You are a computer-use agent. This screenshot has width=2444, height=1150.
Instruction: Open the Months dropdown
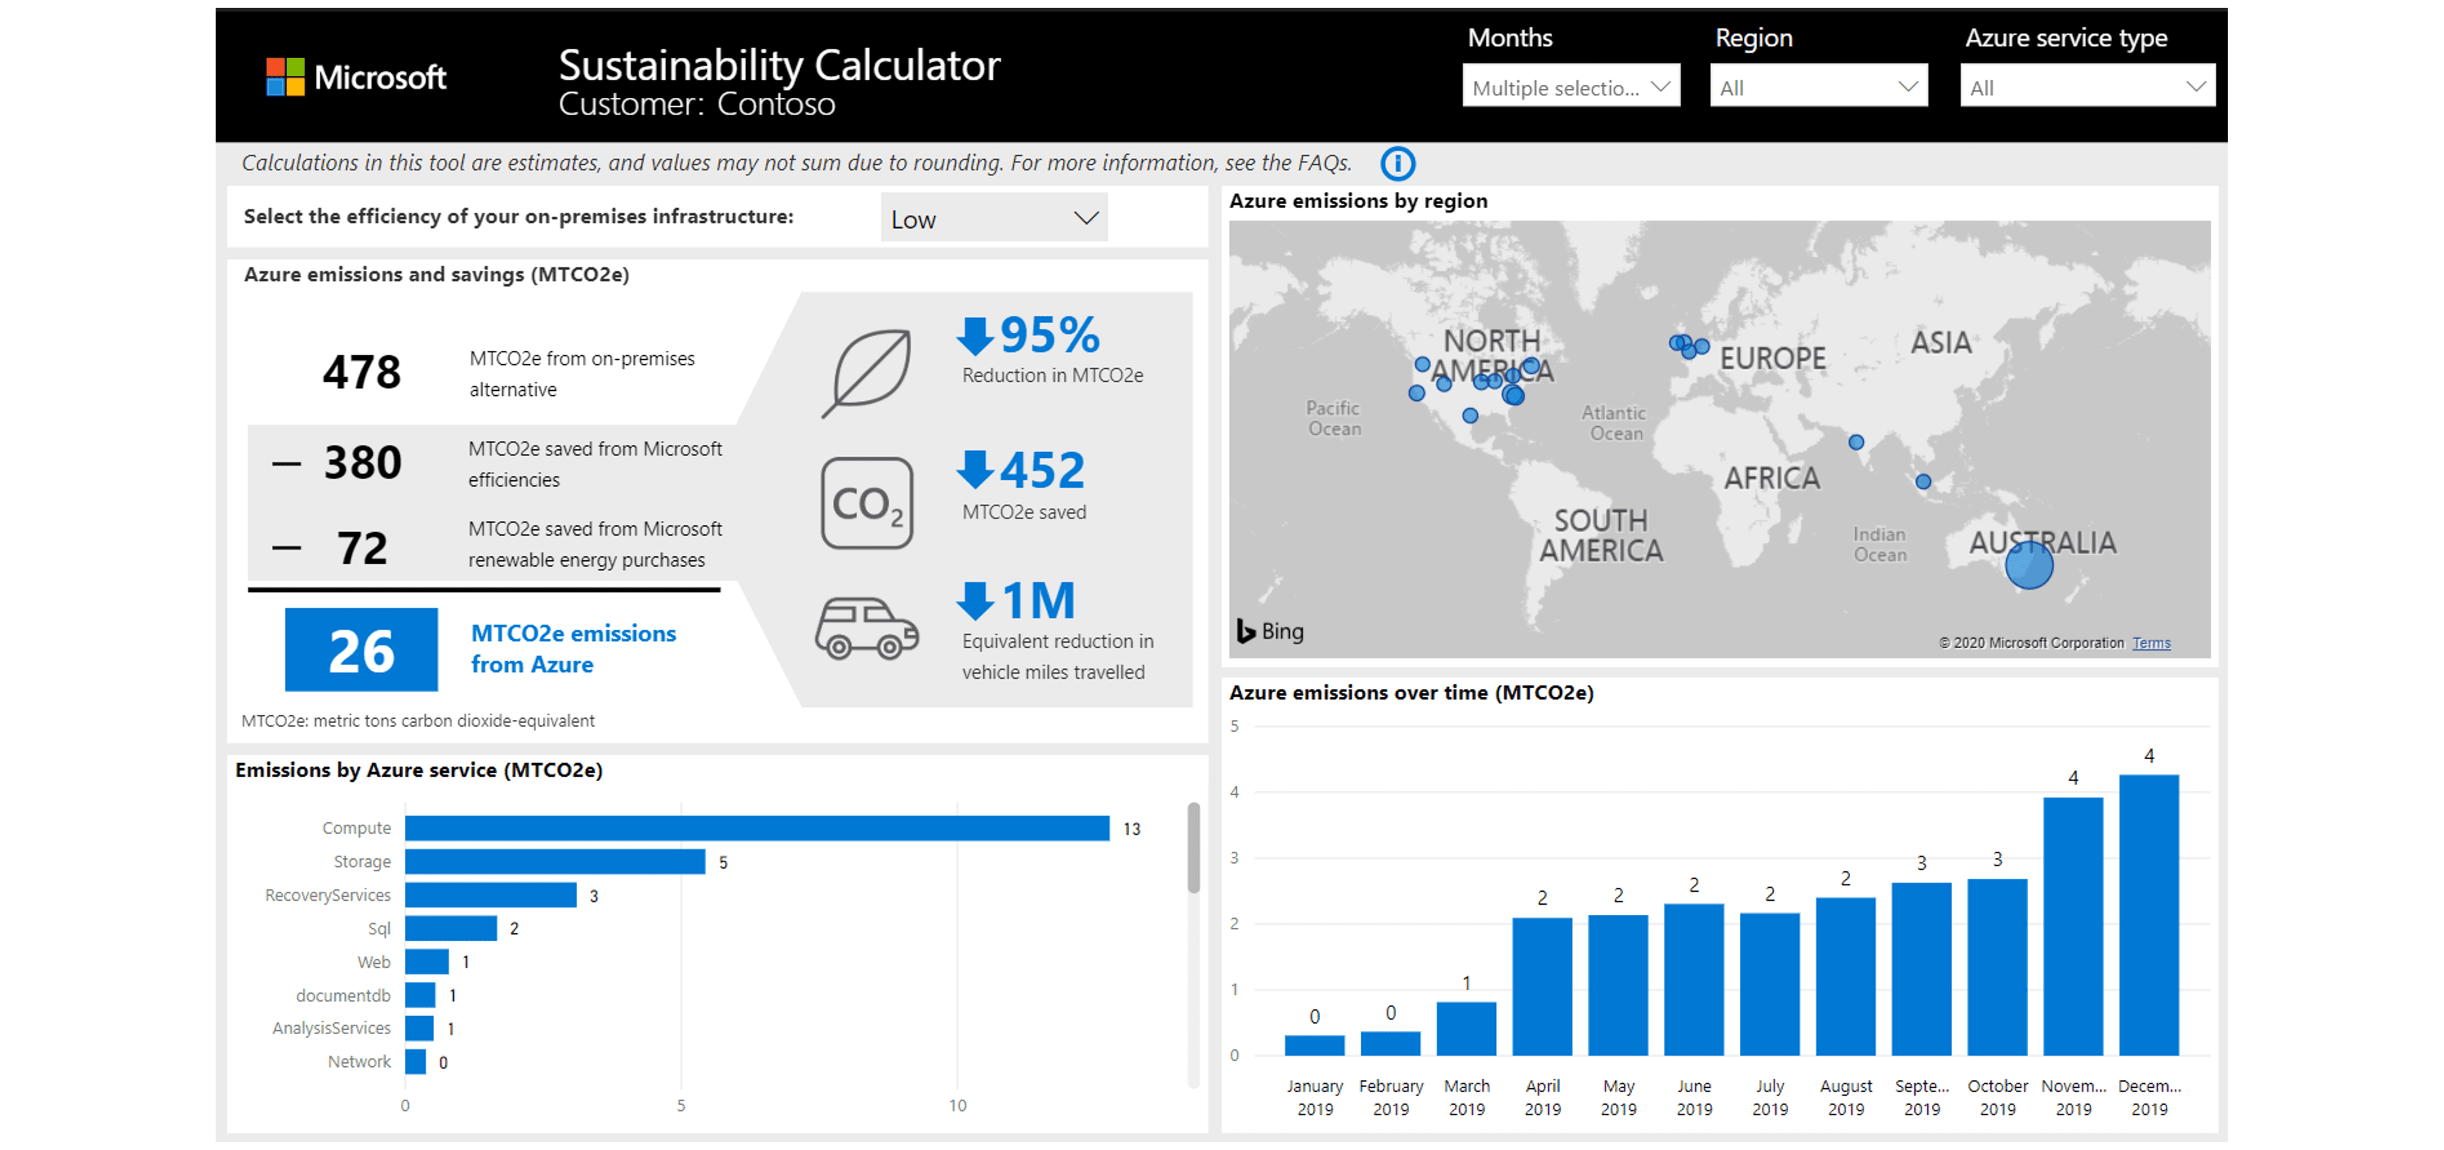click(1570, 88)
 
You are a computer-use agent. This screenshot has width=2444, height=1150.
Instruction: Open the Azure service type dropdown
click(2086, 88)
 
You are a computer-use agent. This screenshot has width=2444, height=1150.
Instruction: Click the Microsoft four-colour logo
click(285, 77)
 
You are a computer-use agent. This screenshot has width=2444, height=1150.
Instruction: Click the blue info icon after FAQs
click(1397, 163)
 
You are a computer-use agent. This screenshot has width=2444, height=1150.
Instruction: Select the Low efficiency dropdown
click(993, 219)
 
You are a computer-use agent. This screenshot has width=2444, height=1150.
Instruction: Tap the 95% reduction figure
click(1049, 335)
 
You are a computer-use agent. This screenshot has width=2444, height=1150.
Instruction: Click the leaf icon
click(867, 373)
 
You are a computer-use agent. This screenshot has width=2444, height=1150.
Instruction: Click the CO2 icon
click(866, 503)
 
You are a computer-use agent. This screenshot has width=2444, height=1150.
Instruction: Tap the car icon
click(866, 628)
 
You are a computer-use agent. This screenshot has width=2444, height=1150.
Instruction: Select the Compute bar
click(756, 828)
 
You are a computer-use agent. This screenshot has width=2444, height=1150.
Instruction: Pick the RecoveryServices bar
click(490, 895)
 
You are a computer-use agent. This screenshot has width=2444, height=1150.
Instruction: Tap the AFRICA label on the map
click(1771, 478)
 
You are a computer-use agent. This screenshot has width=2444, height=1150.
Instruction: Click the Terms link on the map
click(2151, 643)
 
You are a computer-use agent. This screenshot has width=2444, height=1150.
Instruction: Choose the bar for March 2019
click(1466, 1028)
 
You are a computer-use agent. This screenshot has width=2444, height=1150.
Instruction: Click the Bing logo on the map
click(1269, 631)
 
